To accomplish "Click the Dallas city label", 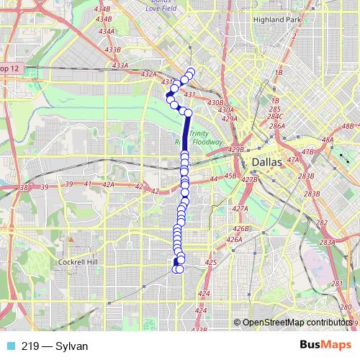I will [266, 162].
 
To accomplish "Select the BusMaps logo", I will [325, 346].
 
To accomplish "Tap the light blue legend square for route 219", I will [9, 346].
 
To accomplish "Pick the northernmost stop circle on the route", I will [191, 71].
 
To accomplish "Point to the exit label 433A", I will [120, 66].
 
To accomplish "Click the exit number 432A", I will [148, 73].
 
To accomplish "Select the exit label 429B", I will [235, 150].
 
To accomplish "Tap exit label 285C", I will [275, 117].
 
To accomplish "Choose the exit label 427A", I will [241, 209].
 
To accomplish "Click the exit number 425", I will [210, 263].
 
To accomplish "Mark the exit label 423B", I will [199, 330].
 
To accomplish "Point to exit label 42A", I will [109, 185].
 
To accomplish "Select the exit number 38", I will [24, 187].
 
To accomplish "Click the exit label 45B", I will [230, 176].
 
